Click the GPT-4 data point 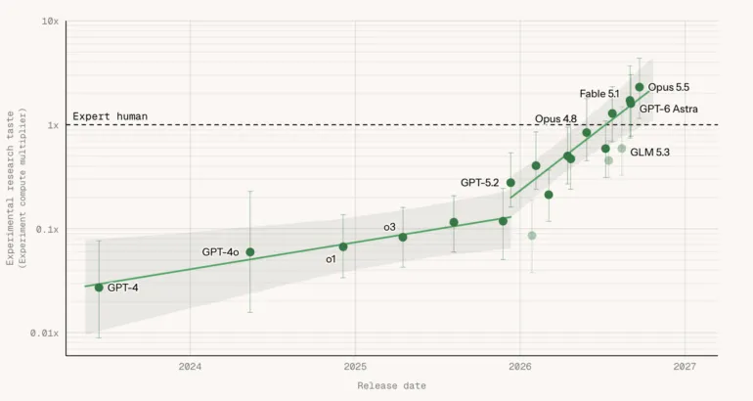click(99, 288)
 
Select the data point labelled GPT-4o click(250, 252)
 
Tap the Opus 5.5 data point click(640, 87)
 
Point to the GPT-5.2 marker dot click(510, 183)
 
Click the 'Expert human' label click(110, 116)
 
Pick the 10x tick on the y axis click(50, 22)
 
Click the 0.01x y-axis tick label click(44, 333)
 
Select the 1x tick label click(53, 125)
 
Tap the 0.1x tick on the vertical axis click(47, 230)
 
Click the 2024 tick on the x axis click(190, 367)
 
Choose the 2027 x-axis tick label click(685, 367)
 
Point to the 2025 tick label click(355, 367)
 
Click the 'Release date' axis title click(391, 385)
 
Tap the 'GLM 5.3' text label click(649, 153)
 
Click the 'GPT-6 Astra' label click(669, 109)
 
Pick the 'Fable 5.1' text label click(599, 94)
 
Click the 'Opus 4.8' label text click(555, 118)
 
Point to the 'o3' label click(389, 227)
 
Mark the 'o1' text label click(331, 259)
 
